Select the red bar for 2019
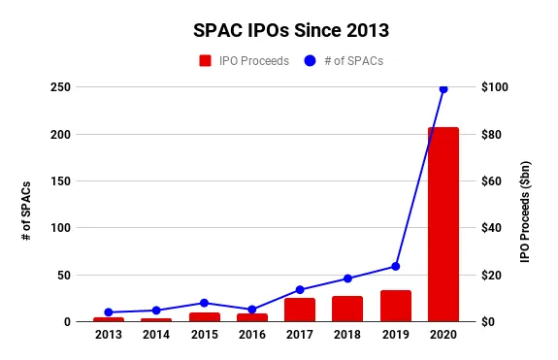(x=395, y=306)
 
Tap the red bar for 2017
(x=299, y=310)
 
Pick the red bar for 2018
(x=347, y=309)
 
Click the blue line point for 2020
(x=443, y=88)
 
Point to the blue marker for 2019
(x=395, y=266)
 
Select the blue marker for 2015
(x=204, y=303)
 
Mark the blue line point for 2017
(x=299, y=290)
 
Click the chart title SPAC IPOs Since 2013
(x=279, y=29)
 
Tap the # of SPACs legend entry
(x=343, y=60)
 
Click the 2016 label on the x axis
(x=251, y=336)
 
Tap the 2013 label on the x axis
(x=109, y=336)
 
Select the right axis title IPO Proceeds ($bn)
(x=525, y=204)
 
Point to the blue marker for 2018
(x=347, y=278)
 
